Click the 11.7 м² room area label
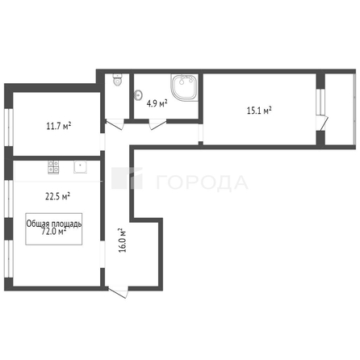pos(57,125)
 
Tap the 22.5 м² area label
pos(57,195)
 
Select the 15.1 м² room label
pos(258,111)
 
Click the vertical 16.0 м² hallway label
pos(123,240)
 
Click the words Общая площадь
pos(55,224)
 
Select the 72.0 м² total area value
pos(54,232)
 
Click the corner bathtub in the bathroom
pos(184,88)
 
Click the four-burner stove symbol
pos(54,168)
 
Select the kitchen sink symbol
pos(81,168)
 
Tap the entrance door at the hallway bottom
pos(119,293)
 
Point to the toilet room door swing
pos(115,124)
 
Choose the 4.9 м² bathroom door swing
pos(154,123)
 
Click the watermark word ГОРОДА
pos(201,182)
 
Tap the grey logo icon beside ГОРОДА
pos(126,179)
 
